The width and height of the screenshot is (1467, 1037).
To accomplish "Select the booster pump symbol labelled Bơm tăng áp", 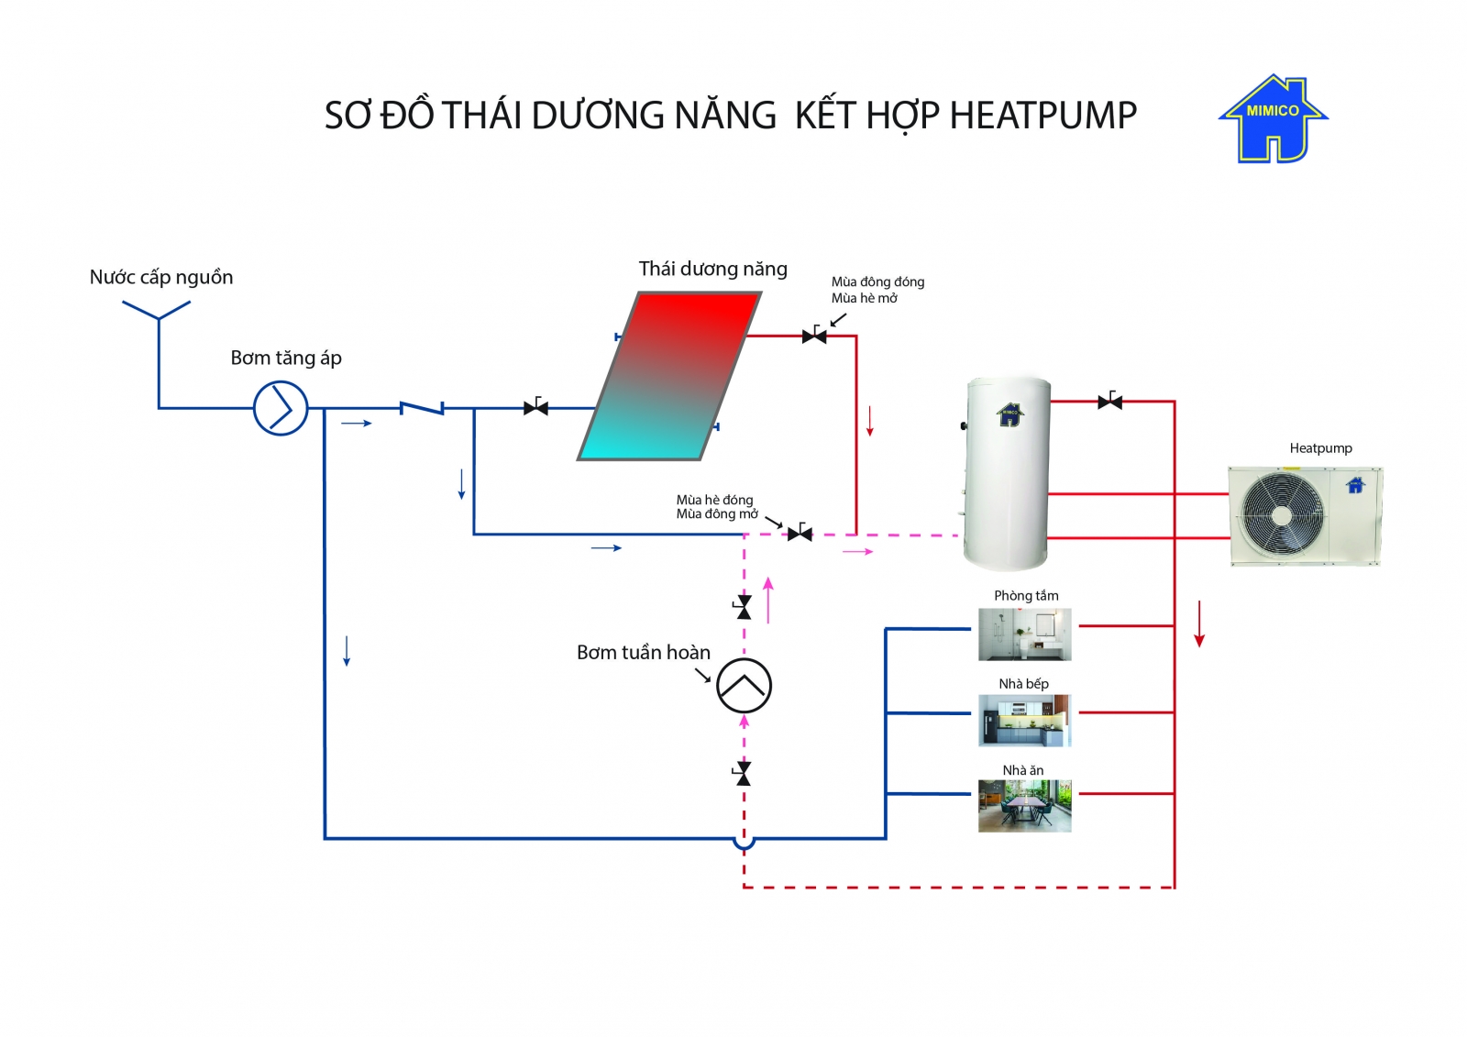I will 281,408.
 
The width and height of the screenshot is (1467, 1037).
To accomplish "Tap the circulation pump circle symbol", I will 744,686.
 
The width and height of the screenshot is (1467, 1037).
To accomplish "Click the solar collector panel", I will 669,376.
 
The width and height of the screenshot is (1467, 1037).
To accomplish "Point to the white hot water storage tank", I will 1007,472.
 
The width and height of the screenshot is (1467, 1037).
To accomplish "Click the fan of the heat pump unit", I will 1282,514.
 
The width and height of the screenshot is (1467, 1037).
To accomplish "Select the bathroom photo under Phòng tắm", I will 1024,634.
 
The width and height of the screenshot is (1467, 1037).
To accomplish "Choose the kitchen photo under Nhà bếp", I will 1024,720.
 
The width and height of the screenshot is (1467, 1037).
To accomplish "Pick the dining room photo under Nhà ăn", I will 1024,806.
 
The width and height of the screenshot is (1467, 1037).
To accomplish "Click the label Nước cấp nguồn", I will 161,277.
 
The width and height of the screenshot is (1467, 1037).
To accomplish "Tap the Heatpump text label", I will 1320,448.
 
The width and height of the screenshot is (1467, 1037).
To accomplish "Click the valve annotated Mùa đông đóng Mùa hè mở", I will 814,336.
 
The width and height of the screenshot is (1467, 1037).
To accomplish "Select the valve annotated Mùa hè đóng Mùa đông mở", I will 800,533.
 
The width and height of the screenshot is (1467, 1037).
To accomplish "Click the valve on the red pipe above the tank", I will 1109,402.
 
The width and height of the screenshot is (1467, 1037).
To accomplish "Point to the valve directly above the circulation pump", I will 744,607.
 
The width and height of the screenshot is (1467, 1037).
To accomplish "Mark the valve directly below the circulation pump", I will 744,774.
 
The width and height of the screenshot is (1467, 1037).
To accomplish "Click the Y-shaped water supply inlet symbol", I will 158,312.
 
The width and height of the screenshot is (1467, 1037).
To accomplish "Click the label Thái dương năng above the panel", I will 712,269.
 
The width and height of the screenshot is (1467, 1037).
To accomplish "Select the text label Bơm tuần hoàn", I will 643,653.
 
